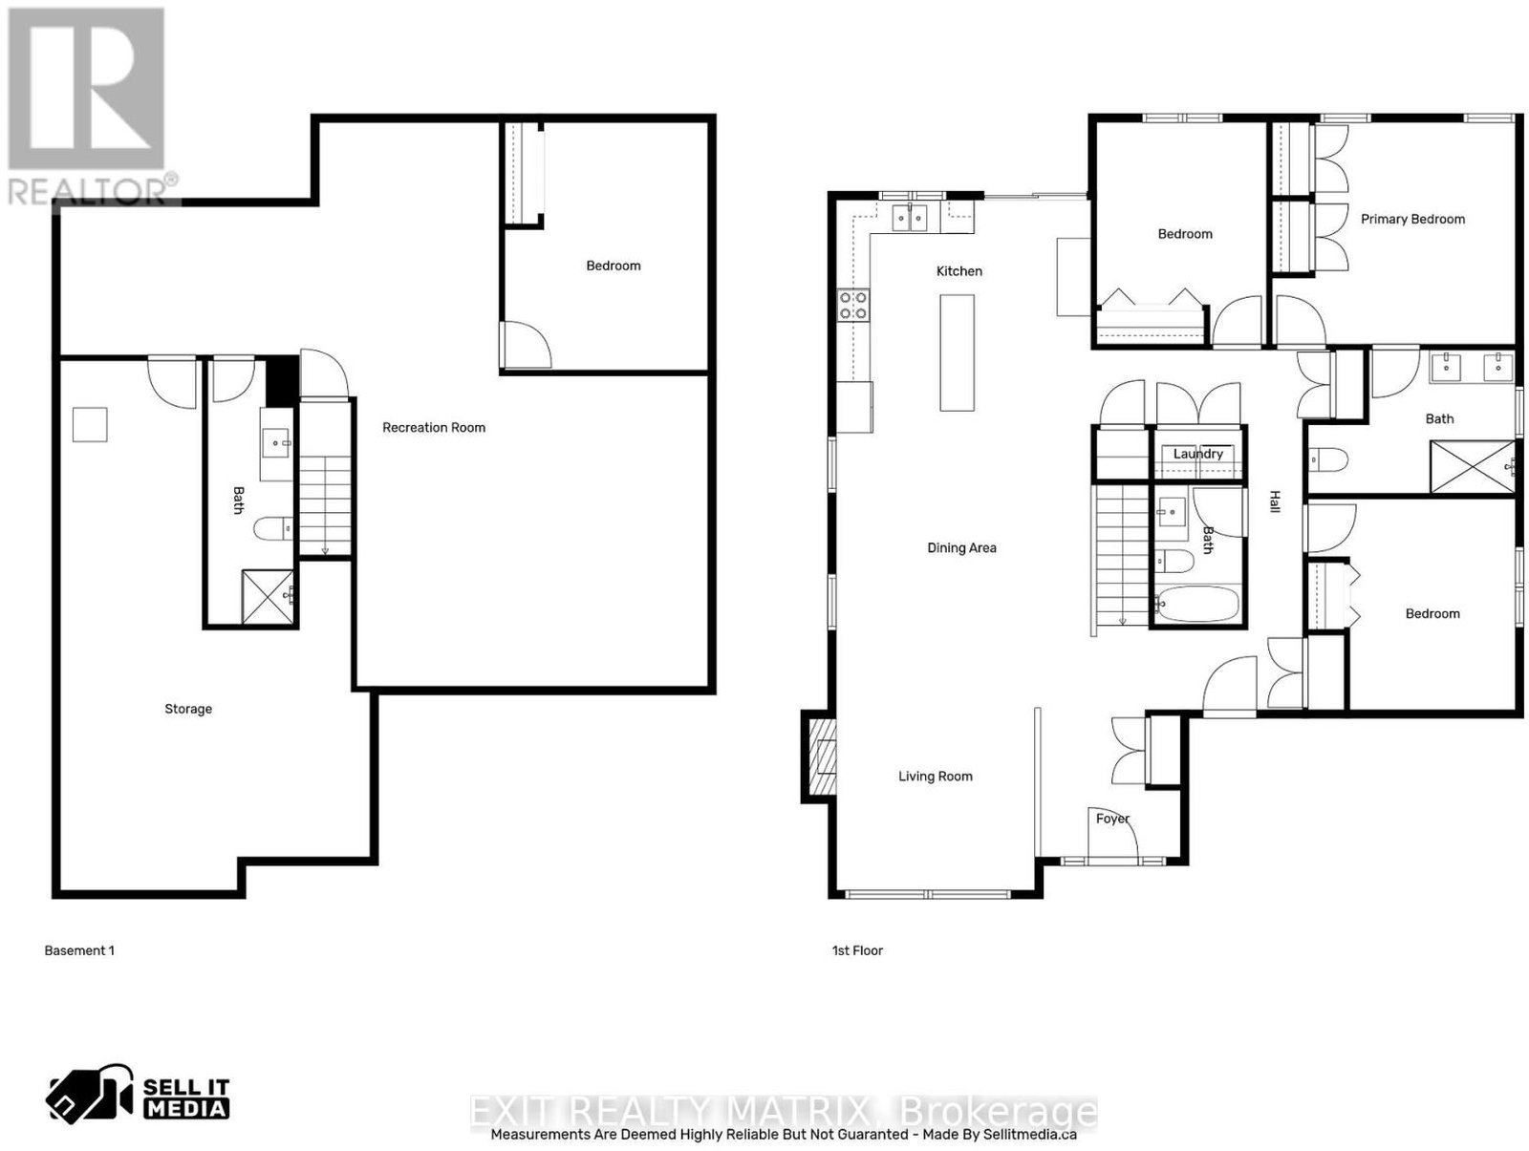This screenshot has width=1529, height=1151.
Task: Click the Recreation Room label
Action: pos(433,428)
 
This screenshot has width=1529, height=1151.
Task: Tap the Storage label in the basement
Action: pos(188,709)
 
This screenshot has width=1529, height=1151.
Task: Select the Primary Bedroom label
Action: pos(1412,220)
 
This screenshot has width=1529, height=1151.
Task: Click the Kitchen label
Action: pos(959,271)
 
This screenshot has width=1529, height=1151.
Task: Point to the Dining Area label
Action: pos(961,548)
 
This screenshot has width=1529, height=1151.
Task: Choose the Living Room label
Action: pos(935,777)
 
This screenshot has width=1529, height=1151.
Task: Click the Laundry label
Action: pos(1197,454)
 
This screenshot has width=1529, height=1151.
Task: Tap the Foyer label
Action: pos(1112,819)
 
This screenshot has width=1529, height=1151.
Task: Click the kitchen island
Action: pos(957,352)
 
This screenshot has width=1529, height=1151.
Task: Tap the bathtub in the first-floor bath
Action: pos(1196,605)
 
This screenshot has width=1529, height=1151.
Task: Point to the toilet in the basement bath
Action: pos(273,528)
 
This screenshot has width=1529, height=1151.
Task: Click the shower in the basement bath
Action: pos(269,597)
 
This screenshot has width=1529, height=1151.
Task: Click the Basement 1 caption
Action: pos(79,950)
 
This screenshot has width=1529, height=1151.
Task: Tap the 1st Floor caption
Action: pos(857,950)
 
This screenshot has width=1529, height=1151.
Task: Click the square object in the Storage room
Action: pos(90,425)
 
